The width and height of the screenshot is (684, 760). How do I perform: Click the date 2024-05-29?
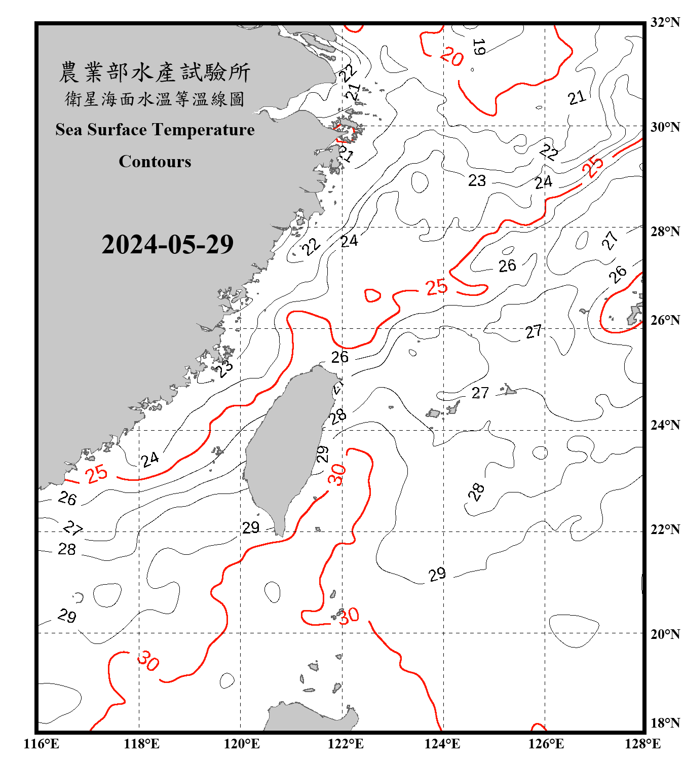tap(167, 245)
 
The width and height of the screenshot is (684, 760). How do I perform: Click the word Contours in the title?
tap(155, 162)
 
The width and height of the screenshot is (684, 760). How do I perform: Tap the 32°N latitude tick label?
tap(665, 22)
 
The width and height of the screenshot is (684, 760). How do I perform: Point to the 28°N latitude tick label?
tap(665, 232)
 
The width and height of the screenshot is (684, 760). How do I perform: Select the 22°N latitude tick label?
tap(665, 529)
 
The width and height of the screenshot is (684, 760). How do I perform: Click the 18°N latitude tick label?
tap(665, 723)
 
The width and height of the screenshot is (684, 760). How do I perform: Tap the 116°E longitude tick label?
tap(42, 744)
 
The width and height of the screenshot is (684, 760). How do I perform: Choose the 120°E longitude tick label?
tap(242, 744)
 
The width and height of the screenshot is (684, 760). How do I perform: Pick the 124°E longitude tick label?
tap(442, 744)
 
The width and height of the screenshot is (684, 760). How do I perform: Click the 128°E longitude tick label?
tap(642, 744)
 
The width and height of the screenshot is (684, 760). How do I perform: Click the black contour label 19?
tap(478, 47)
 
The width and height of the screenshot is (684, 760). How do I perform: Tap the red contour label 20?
tap(451, 56)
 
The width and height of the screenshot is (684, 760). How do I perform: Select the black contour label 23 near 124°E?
tap(477, 180)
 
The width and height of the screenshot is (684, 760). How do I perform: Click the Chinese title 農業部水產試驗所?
tap(155, 72)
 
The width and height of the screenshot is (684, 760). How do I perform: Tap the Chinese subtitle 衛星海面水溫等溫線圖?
tap(155, 99)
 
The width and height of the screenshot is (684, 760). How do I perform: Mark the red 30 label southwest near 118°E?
tap(148, 661)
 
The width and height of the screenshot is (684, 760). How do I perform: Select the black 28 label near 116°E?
tap(67, 549)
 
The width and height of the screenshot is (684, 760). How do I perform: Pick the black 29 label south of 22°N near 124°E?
tap(437, 575)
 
